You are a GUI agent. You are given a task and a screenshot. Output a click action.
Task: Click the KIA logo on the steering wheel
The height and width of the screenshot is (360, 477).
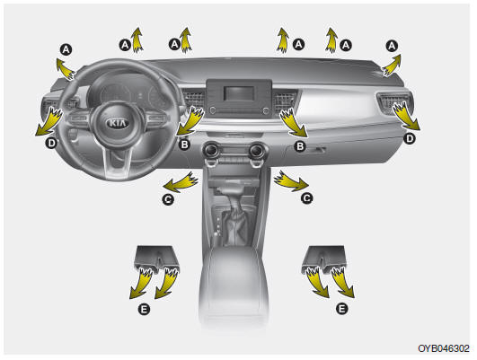pyautogui.click(x=118, y=123)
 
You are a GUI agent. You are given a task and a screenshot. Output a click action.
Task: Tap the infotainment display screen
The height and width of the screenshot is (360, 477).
pyautogui.click(x=239, y=93)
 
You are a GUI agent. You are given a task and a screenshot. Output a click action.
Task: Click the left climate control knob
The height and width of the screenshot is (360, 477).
pyautogui.click(x=211, y=150)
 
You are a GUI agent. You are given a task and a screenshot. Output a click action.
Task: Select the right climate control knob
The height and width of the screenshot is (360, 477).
pyautogui.click(x=256, y=150)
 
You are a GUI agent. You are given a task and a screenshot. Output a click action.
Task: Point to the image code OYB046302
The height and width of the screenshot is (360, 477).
pyautogui.click(x=444, y=348)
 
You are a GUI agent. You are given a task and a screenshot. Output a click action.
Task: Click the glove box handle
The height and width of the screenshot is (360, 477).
pyautogui.click(x=315, y=150)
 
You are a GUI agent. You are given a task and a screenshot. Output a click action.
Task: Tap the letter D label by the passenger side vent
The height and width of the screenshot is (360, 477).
pyautogui.click(x=410, y=139)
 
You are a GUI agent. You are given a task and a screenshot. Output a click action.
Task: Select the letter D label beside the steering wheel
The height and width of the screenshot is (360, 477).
pyautogui.click(x=51, y=143)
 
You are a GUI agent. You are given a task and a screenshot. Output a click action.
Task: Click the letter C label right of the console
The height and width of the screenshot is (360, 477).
pyautogui.click(x=306, y=198)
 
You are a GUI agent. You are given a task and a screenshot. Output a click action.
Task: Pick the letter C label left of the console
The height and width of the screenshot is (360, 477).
pyautogui.click(x=168, y=199)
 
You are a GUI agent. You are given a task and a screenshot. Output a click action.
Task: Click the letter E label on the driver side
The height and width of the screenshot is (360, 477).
pyautogui.click(x=144, y=310)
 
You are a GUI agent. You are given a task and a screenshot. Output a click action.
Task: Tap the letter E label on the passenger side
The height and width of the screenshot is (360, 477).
pyautogui.click(x=341, y=309)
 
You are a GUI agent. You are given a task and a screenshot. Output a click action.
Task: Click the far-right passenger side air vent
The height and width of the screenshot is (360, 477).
pyautogui.click(x=394, y=102)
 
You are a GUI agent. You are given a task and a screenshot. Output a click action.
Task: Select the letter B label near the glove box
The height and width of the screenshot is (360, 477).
pyautogui.click(x=300, y=146)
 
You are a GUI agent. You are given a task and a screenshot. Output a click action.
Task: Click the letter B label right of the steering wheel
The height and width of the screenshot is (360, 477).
pyautogui.click(x=184, y=145)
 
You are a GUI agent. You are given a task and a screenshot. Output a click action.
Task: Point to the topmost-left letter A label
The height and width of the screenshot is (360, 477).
pyautogui.click(x=66, y=49)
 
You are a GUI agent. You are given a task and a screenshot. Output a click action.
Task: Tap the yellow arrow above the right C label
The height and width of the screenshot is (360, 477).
pyautogui.click(x=290, y=180)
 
